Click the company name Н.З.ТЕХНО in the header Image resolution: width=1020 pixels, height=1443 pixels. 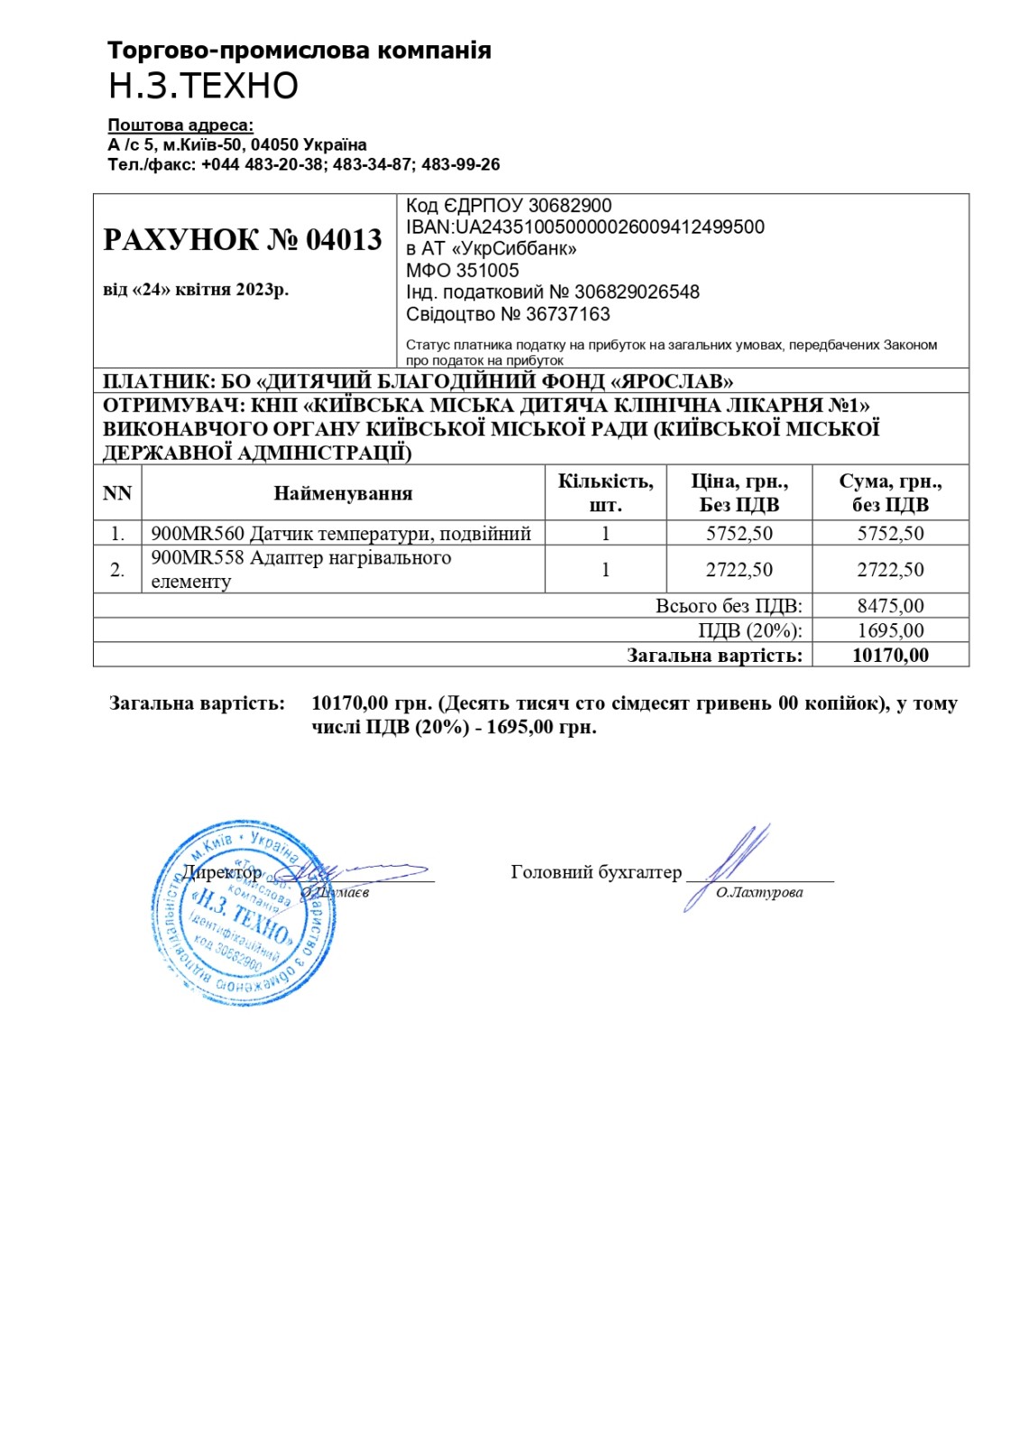(203, 86)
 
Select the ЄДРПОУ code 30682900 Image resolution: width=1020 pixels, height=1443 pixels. (570, 206)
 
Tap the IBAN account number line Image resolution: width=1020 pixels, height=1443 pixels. (585, 227)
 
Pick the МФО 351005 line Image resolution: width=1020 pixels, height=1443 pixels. (463, 271)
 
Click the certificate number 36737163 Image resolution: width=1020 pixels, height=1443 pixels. (568, 314)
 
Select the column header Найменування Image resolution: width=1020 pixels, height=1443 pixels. (343, 493)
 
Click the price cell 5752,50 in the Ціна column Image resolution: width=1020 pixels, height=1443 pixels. (740, 533)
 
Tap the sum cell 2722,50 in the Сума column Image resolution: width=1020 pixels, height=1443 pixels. (890, 569)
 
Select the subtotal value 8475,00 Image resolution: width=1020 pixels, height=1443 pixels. (890, 606)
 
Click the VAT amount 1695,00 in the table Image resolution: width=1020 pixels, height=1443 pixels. (890, 630)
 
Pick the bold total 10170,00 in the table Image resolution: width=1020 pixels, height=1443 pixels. (890, 656)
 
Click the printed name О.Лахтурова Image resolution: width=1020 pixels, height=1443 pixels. (759, 893)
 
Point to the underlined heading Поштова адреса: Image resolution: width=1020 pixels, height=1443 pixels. (180, 125)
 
